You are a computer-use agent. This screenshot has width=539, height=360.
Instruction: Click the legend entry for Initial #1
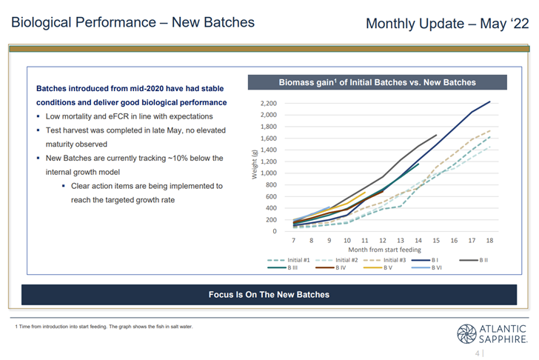[289, 260]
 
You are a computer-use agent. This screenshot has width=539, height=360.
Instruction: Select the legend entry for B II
[473, 260]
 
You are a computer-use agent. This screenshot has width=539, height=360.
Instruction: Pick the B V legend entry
[378, 267]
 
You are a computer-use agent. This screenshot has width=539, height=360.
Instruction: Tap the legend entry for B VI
[426, 267]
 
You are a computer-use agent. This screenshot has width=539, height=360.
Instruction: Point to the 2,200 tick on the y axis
[269, 103]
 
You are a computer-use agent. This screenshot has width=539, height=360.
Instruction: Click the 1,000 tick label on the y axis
[269, 173]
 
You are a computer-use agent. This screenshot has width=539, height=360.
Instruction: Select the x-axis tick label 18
[489, 241]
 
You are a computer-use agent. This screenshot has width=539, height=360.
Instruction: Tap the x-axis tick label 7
[293, 241]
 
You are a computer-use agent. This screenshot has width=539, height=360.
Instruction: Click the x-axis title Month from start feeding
[385, 250]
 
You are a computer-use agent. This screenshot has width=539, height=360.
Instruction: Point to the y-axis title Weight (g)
[255, 164]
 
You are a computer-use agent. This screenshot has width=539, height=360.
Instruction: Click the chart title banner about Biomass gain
[378, 82]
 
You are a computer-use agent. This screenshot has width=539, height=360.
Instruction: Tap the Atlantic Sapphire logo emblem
[466, 334]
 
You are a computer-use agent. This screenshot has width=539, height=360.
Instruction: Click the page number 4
[478, 353]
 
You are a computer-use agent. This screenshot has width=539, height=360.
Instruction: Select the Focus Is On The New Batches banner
[269, 295]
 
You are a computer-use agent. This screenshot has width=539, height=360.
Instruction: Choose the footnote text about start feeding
[104, 327]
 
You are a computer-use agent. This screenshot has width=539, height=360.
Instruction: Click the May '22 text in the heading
[504, 24]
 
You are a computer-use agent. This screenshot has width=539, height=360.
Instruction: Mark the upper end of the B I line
[490, 101]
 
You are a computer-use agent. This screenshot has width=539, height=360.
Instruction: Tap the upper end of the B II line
[436, 135]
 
